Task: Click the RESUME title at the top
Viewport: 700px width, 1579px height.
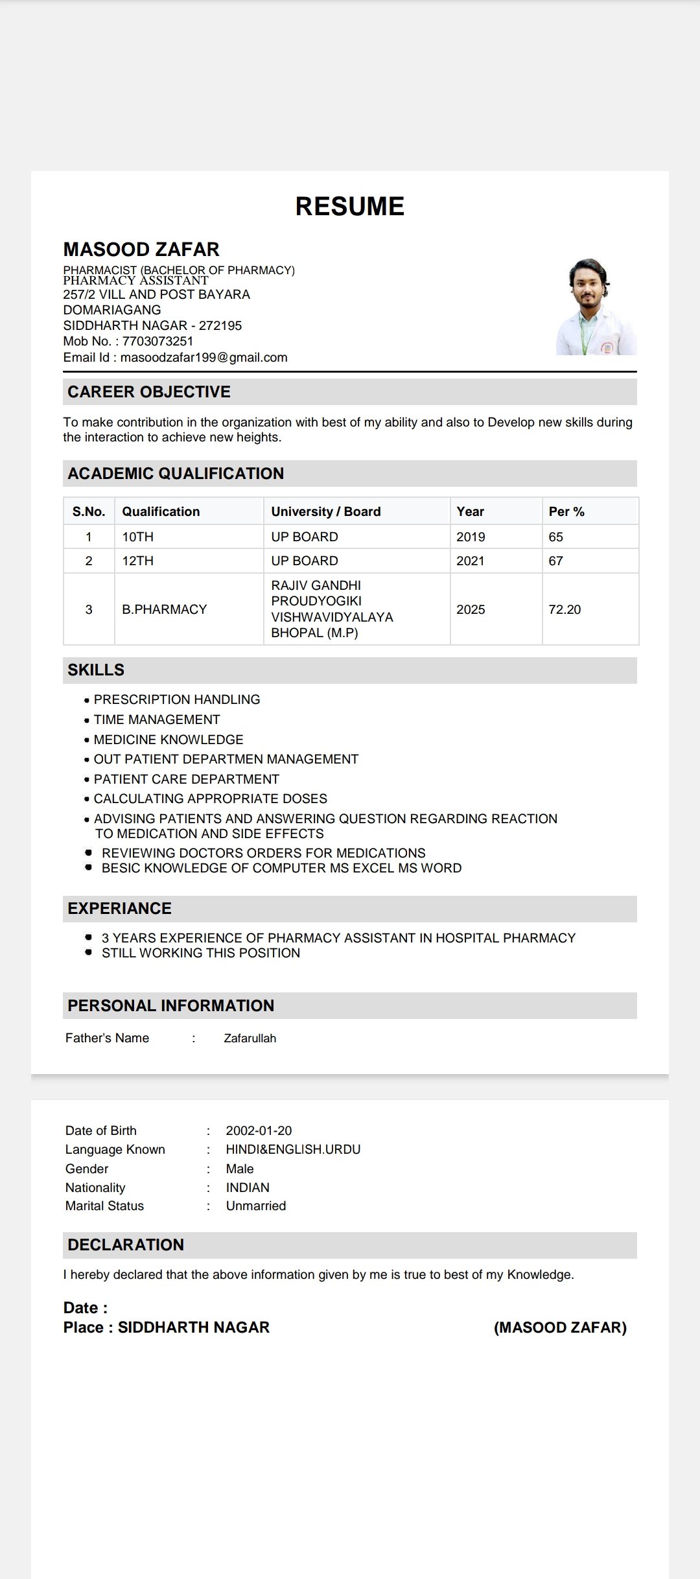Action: coord(349,206)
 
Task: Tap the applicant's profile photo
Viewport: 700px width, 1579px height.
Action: coord(596,307)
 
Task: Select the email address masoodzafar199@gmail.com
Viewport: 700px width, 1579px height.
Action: coord(204,357)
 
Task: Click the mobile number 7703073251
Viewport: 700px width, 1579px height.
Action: coord(157,341)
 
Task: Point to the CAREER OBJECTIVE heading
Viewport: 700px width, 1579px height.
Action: coord(149,392)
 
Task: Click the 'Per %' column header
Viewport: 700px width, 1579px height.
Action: coord(566,511)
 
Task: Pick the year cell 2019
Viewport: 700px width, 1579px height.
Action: coord(471,537)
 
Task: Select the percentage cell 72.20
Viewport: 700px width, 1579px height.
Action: coord(565,609)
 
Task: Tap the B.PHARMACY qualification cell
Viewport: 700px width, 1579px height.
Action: coord(165,609)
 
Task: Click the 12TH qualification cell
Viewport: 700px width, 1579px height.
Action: coord(138,561)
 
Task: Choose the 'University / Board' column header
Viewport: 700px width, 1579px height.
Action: coord(326,511)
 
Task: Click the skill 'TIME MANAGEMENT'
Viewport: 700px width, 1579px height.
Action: coord(157,719)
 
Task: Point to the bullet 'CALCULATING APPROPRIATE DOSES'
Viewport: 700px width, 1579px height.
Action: coord(211,799)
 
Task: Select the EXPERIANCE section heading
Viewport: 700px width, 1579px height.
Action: coord(120,908)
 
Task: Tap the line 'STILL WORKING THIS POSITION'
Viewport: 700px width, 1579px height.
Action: coord(201,953)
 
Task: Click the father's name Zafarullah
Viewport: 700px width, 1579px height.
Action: coord(250,1038)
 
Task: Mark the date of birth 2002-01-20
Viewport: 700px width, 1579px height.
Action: coord(259,1130)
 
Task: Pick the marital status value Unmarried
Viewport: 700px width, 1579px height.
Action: coord(256,1206)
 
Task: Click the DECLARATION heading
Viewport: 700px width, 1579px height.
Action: coord(126,1245)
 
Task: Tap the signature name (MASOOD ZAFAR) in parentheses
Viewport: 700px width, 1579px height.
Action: coord(560,1328)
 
